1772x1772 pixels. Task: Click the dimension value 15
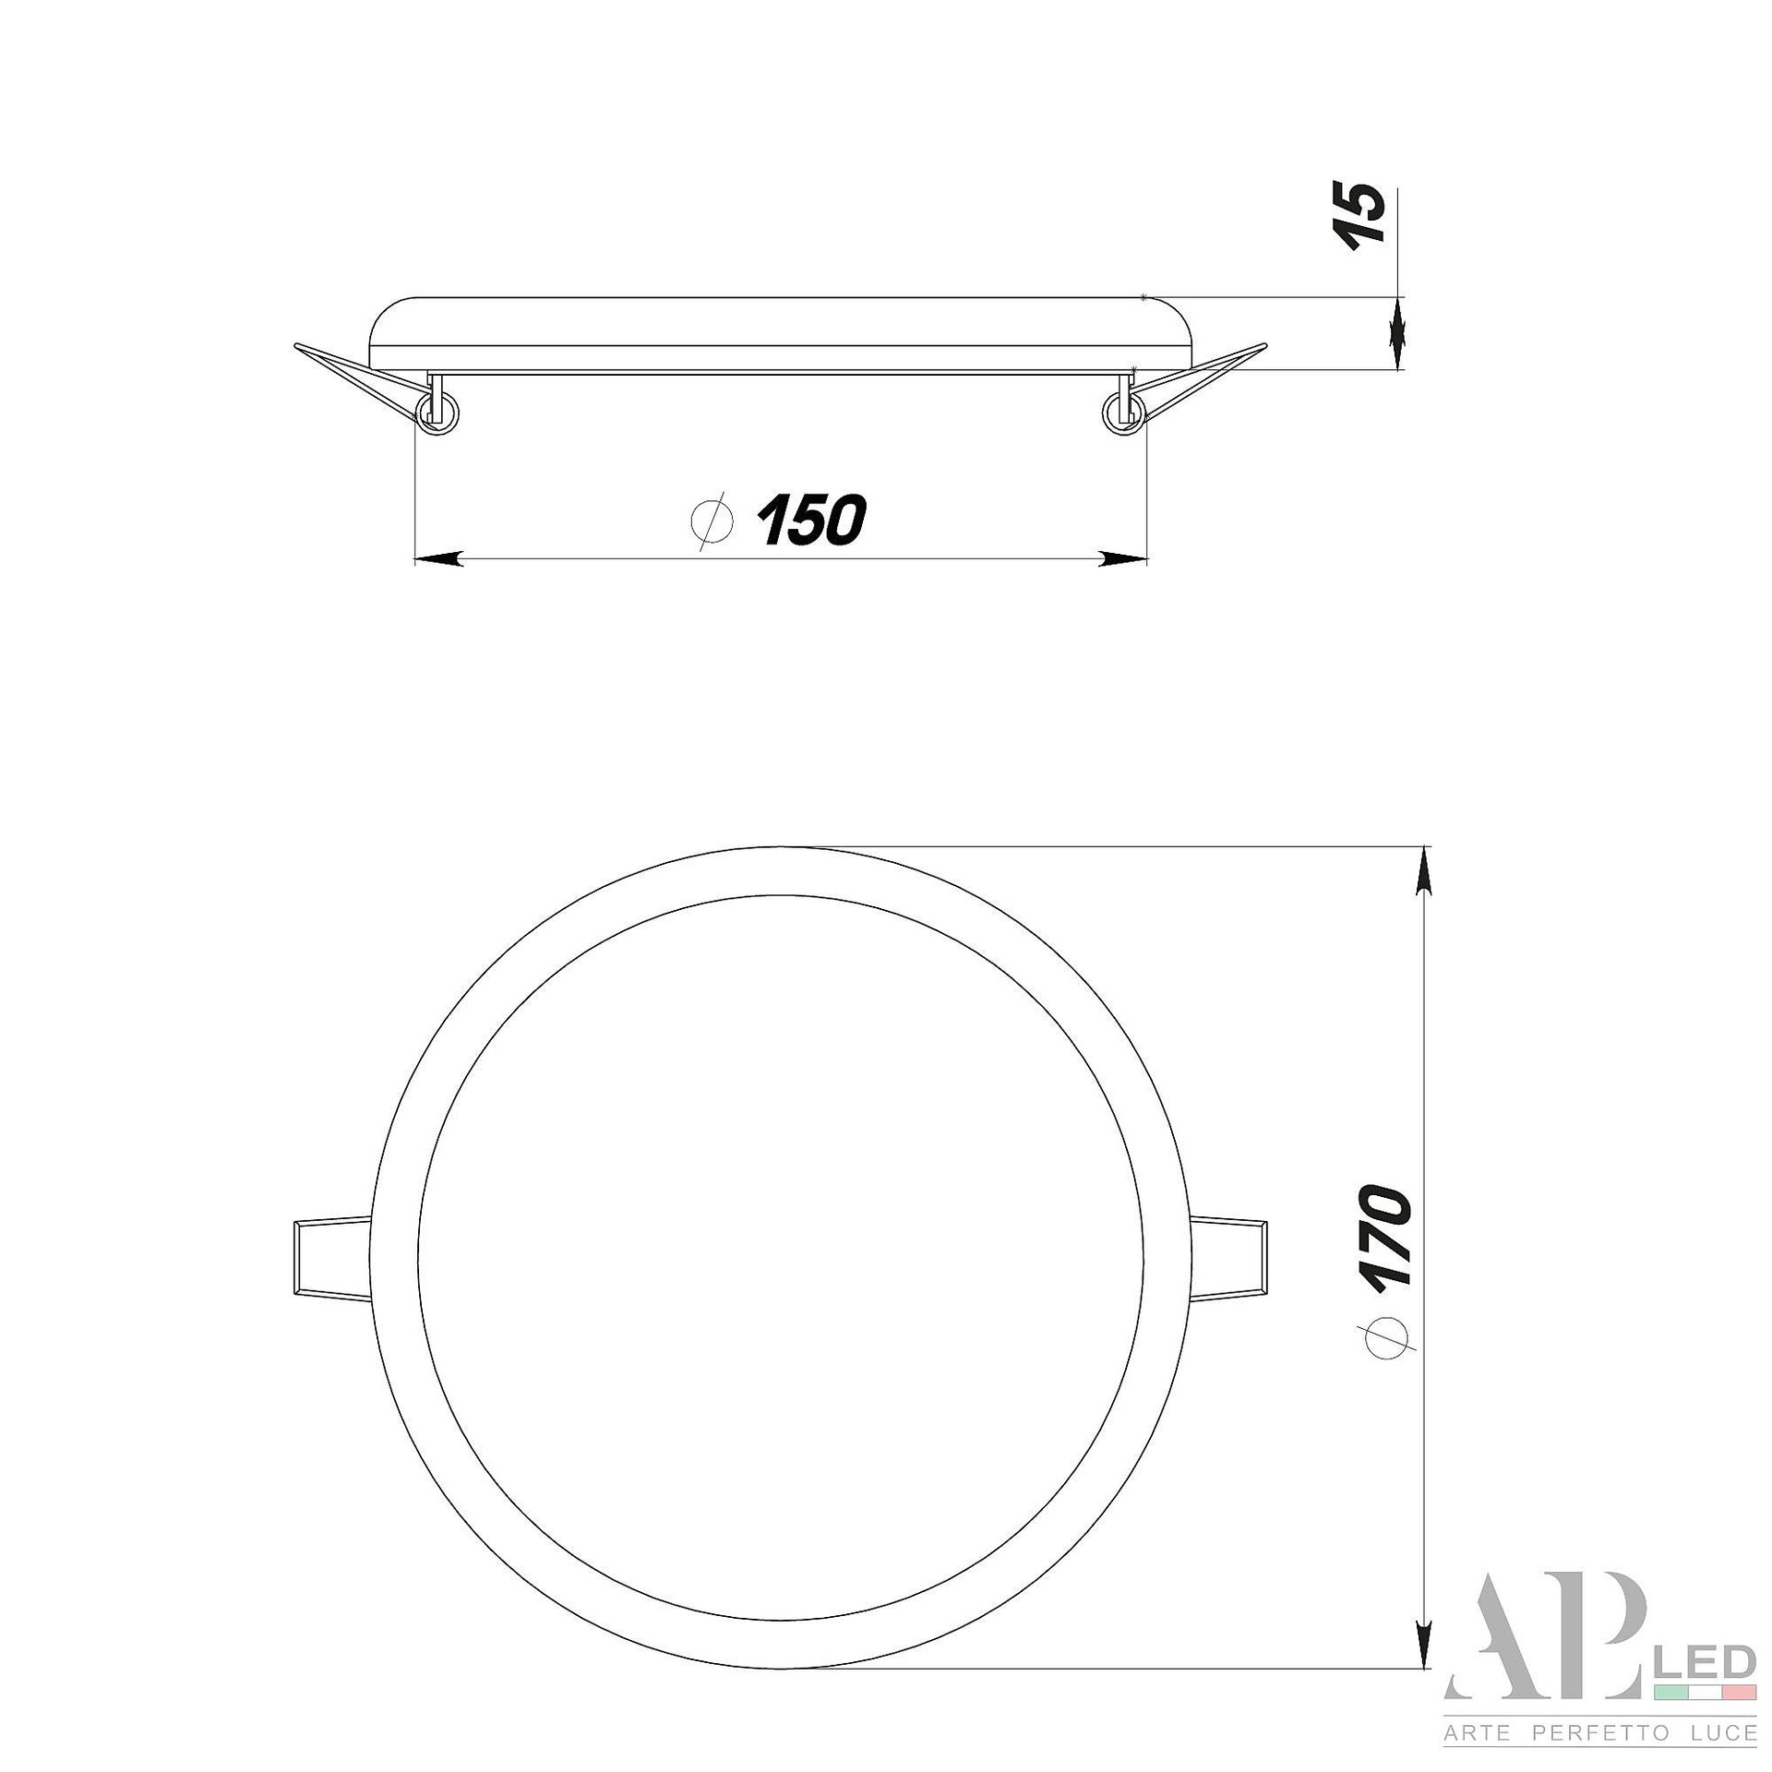[x=1361, y=213]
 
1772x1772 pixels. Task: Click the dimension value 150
[x=811, y=520]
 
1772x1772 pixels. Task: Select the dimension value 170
[x=1385, y=1237]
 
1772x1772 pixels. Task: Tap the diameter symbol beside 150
[x=712, y=521]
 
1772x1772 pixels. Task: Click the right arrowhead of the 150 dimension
[x=1123, y=558]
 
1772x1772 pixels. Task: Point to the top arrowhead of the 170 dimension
[x=1425, y=871]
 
